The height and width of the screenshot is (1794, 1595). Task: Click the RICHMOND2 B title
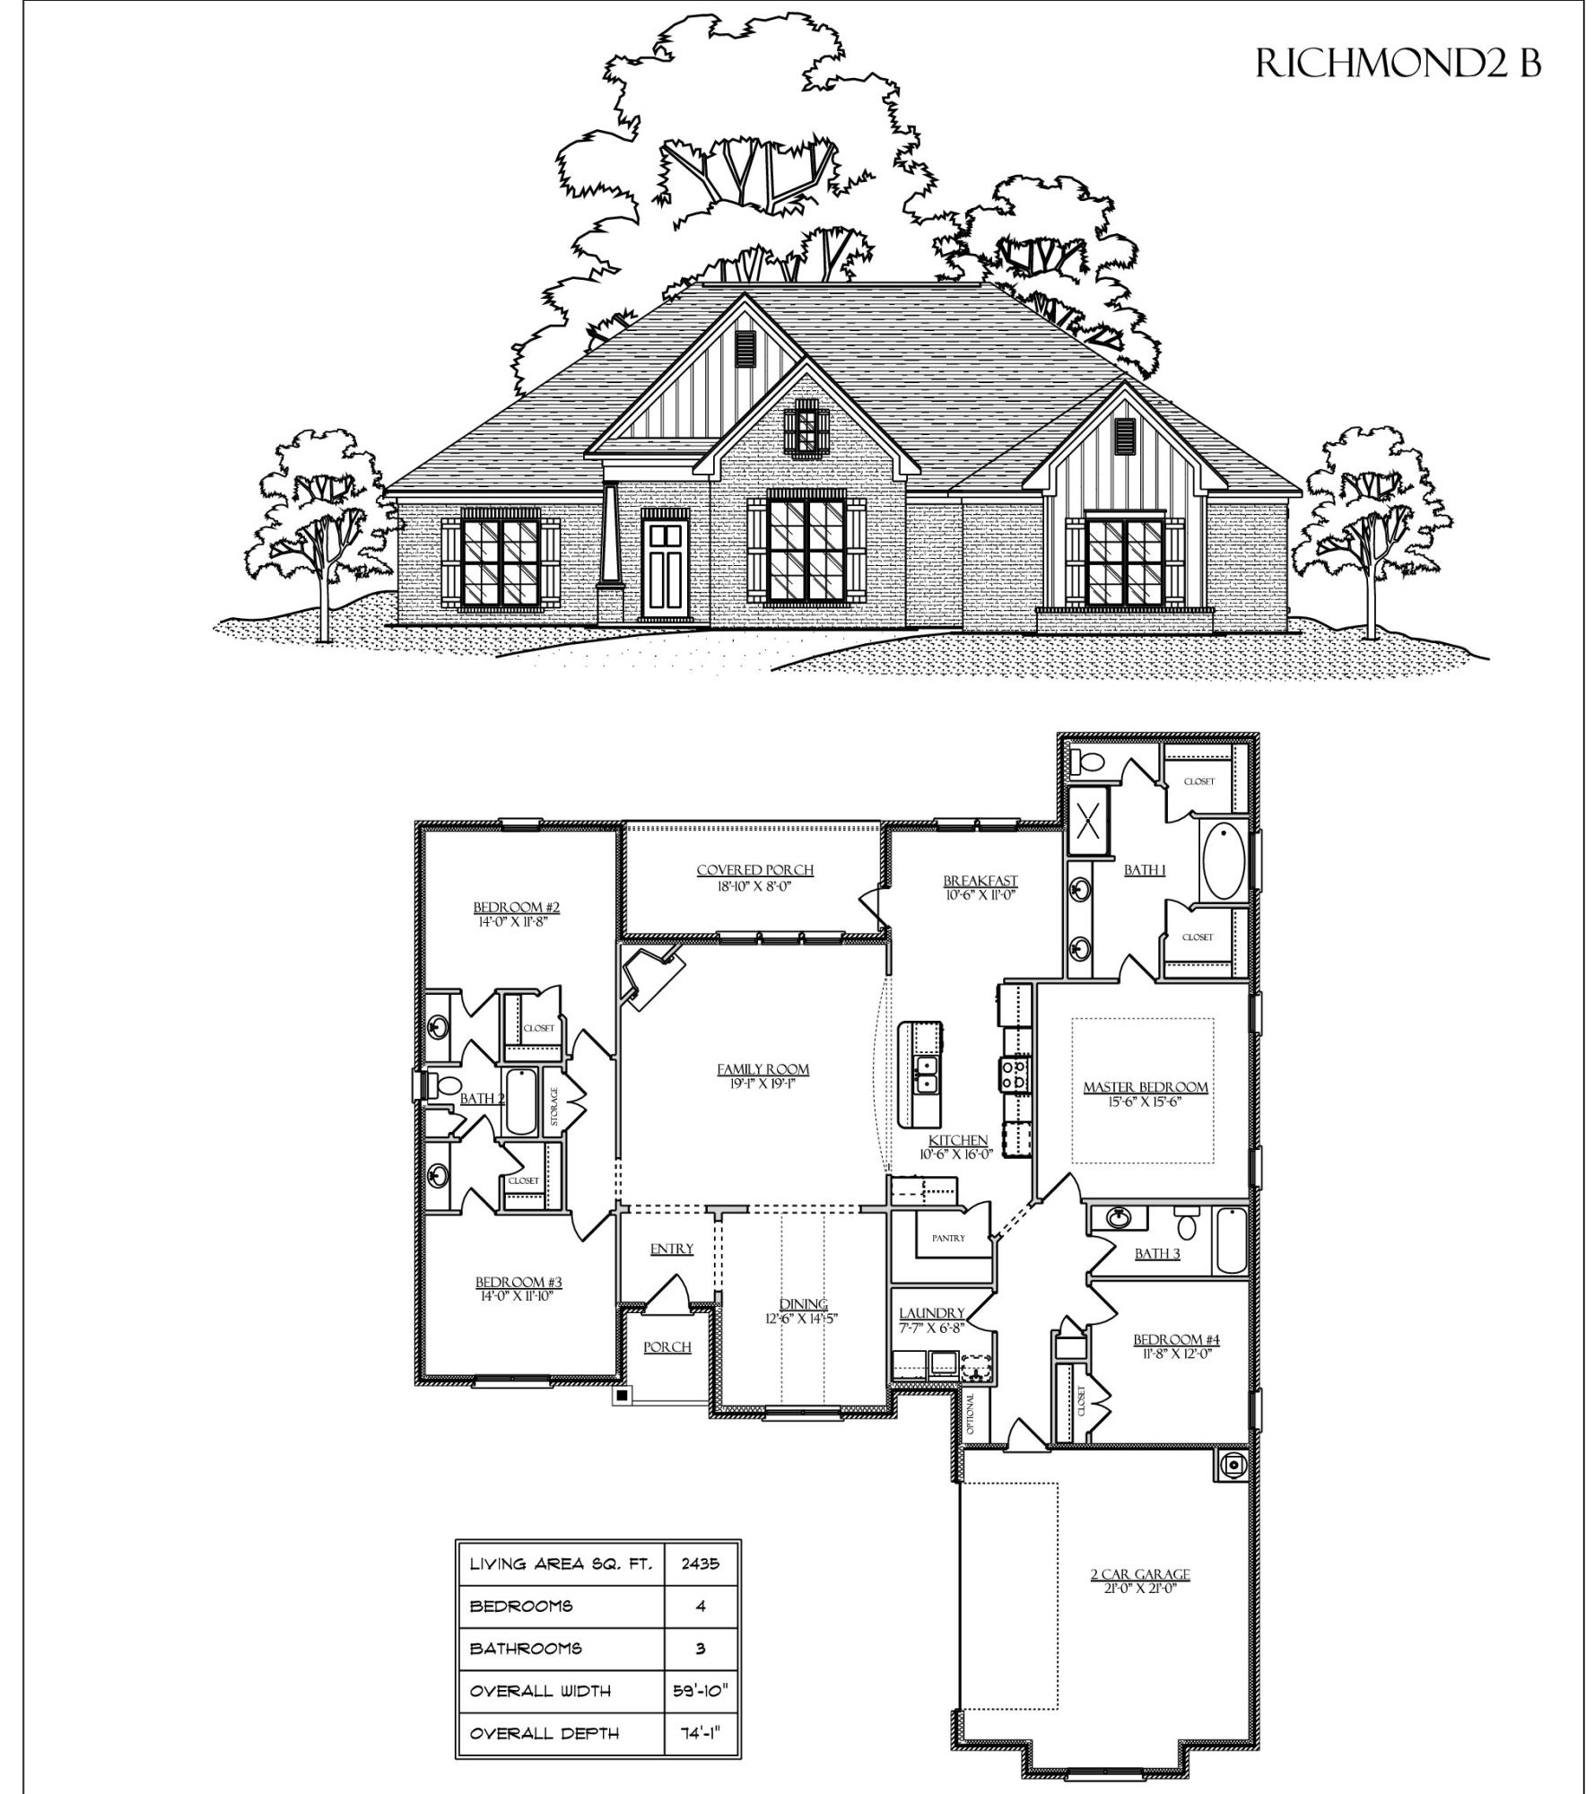click(x=1398, y=63)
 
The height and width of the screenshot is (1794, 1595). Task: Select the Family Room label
click(x=763, y=1069)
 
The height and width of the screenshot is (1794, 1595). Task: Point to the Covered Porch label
click(x=754, y=870)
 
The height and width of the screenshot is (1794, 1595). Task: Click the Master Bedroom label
click(x=1145, y=1087)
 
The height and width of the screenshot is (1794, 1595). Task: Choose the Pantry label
click(x=948, y=1238)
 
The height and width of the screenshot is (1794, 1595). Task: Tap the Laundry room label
click(x=931, y=1313)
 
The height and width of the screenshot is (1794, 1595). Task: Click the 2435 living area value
click(x=700, y=1563)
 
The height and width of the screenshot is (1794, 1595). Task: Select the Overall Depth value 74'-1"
click(x=700, y=1733)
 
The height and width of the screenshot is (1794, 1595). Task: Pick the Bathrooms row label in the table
click(x=525, y=1648)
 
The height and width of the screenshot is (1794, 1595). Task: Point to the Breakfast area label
click(x=980, y=881)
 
